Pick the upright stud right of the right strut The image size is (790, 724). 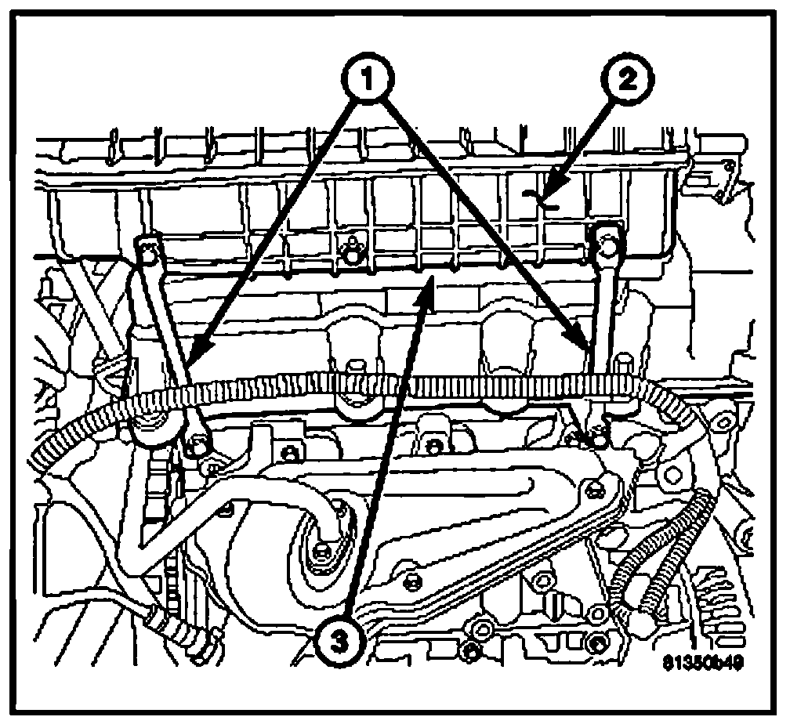click(x=623, y=367)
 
